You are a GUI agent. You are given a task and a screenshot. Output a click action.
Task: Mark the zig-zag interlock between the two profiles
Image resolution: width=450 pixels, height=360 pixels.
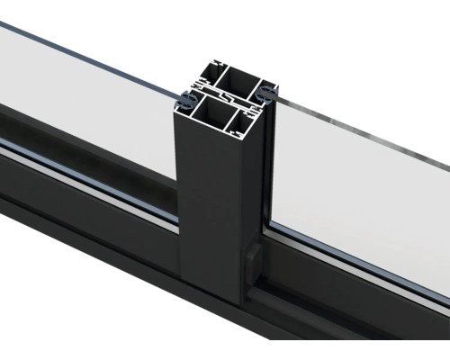(228, 96)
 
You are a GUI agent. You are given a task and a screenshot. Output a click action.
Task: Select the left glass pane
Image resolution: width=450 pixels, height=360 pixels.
(90, 99)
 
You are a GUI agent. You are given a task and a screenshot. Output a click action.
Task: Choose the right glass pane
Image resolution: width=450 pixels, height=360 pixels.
(360, 189)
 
